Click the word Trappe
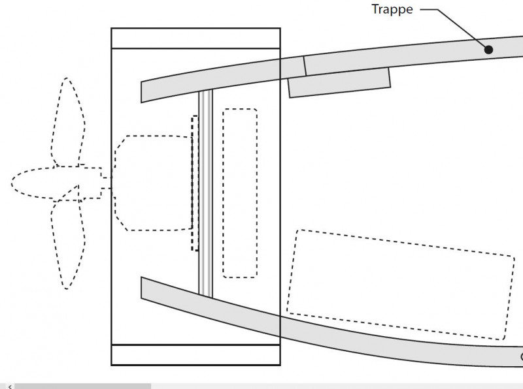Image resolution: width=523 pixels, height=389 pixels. pos(392,9)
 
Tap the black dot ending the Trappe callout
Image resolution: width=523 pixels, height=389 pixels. pos(488,50)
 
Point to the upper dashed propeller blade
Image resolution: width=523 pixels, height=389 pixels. pos(68,122)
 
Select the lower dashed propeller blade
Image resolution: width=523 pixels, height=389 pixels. pos(68,245)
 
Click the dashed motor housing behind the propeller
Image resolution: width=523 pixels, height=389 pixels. pos(153,183)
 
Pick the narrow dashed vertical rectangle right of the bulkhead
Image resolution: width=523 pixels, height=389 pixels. pos(240,193)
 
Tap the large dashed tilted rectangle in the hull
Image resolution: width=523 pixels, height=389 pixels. pos(401,285)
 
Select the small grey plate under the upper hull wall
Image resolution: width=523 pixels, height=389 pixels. pos(339,83)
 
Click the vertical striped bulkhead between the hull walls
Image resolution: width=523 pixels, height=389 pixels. pos(205,193)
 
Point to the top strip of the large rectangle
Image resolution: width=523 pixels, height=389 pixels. pos(195,39)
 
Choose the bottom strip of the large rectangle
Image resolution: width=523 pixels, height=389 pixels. pos(195,355)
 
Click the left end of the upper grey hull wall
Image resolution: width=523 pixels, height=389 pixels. pos(141,92)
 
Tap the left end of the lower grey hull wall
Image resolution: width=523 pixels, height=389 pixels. pos(141,287)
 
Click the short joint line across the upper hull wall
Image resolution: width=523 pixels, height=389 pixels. pos(305,66)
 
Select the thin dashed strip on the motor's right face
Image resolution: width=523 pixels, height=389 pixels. pos(195,183)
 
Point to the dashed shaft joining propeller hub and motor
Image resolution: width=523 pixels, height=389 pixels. pos(107,183)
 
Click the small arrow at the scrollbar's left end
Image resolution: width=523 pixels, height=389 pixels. pos(10,386)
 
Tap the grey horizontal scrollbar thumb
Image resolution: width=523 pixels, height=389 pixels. pos(83,386)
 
